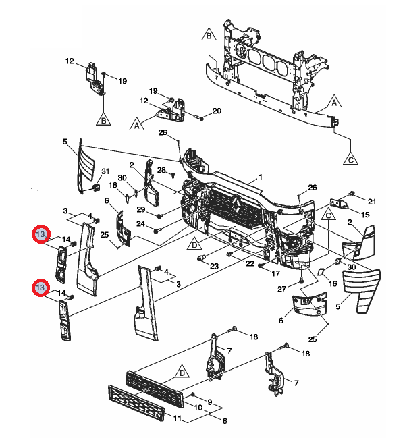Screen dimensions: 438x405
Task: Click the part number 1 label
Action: pyautogui.click(x=258, y=178)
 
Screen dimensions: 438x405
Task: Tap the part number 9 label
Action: pyautogui.click(x=209, y=402)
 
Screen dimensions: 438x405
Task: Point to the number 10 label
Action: pyautogui.click(x=198, y=408)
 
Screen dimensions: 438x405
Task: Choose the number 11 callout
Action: pyautogui.click(x=178, y=420)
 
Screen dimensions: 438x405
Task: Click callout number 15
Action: pyautogui.click(x=365, y=215)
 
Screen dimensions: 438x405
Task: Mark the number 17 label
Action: pyautogui.click(x=275, y=273)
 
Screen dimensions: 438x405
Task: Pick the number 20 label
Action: pyautogui.click(x=217, y=111)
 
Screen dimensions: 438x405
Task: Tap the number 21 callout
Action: pyautogui.click(x=371, y=201)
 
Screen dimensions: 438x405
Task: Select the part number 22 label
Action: pyautogui.click(x=249, y=263)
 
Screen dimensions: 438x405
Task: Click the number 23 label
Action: pyautogui.click(x=215, y=267)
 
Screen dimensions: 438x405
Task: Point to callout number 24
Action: pyautogui.click(x=140, y=223)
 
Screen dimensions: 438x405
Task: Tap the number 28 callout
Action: pyautogui.click(x=161, y=169)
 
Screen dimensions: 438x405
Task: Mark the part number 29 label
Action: pyautogui.click(x=140, y=210)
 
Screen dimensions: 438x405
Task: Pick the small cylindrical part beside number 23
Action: pyautogui.click(x=200, y=259)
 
